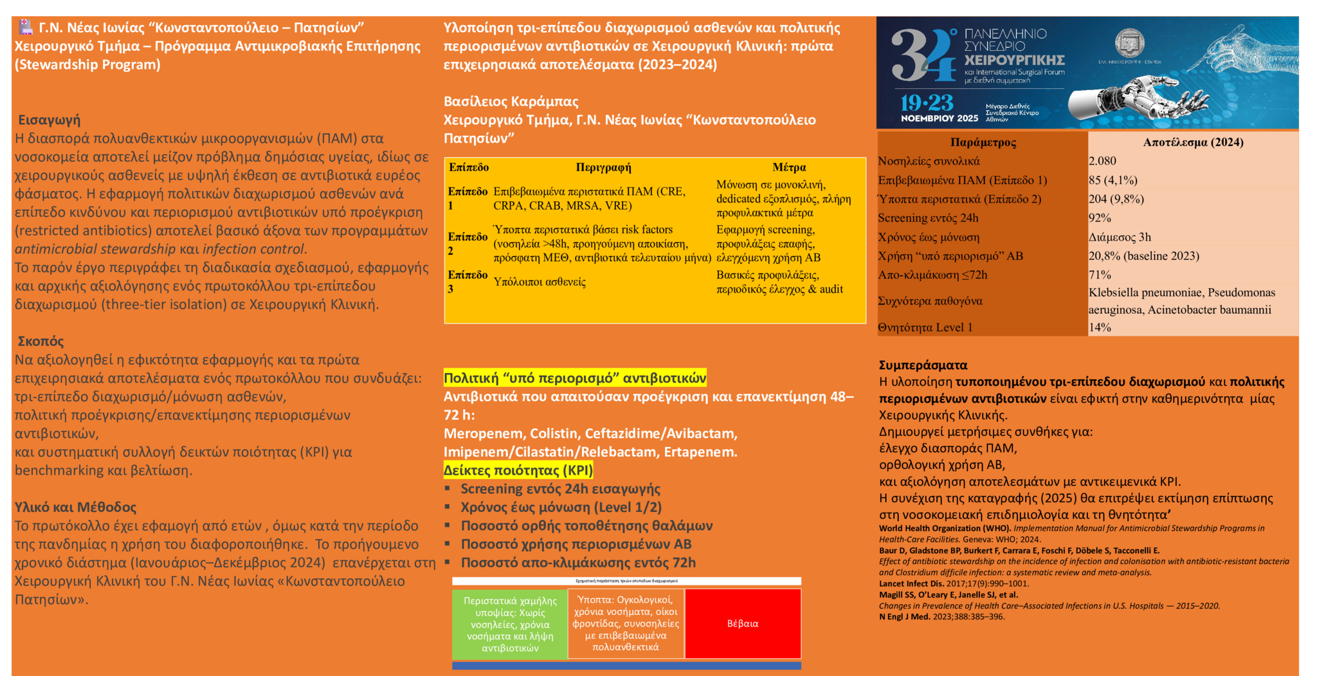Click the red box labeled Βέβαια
(x=743, y=623)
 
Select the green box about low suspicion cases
(x=510, y=623)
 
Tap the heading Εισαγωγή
(x=50, y=120)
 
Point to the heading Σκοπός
(x=41, y=341)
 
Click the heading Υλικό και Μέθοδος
(x=76, y=507)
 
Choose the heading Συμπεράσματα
(x=923, y=365)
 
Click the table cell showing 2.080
(x=1102, y=161)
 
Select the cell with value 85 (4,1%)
(x=1113, y=180)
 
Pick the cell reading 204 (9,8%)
(x=1116, y=199)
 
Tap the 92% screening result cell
(x=1100, y=217)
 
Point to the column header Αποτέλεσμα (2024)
(x=1193, y=142)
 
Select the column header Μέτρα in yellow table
(x=789, y=167)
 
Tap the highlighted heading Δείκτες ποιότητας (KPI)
(x=518, y=470)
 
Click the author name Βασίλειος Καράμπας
(x=511, y=101)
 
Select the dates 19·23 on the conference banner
(x=927, y=103)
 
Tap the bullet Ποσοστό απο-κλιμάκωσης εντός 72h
(x=578, y=563)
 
